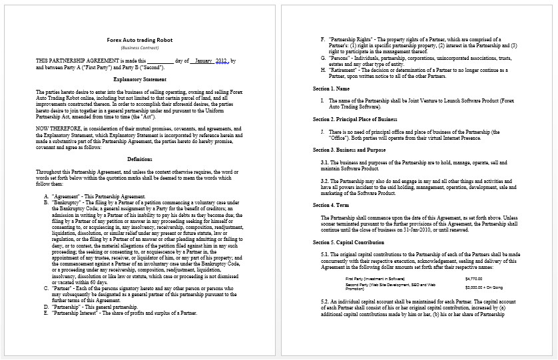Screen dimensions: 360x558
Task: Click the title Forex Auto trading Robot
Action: (x=139, y=40)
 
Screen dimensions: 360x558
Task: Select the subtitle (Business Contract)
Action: (x=139, y=48)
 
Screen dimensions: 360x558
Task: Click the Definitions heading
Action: (x=139, y=159)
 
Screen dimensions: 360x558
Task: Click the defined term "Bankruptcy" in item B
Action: (x=69, y=202)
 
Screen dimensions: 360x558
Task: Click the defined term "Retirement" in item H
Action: (x=344, y=69)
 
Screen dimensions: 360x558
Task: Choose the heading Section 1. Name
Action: (x=331, y=89)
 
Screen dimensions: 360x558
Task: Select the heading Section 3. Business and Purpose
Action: (x=352, y=150)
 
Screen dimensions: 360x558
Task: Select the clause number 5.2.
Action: (x=324, y=301)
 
